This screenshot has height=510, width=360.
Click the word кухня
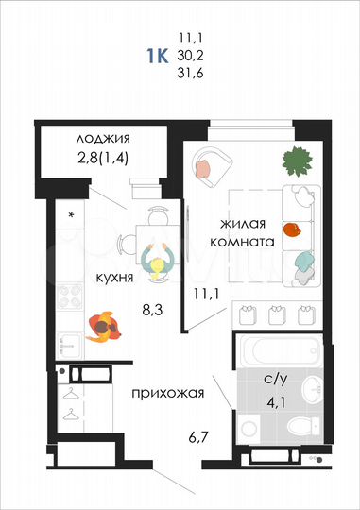[x=112, y=279]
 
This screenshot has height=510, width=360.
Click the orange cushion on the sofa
[x=293, y=229]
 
